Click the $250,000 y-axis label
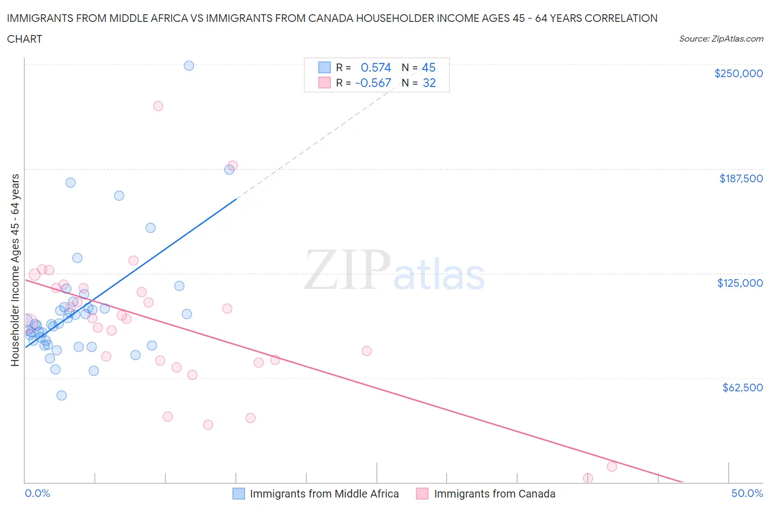(738, 74)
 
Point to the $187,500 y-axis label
(741, 178)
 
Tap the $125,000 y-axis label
(740, 283)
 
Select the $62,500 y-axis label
(742, 387)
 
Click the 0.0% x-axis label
(37, 493)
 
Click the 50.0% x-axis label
(747, 493)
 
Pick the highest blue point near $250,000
(189, 66)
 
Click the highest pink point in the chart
(158, 106)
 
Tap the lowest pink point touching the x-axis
(588, 478)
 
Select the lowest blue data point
(61, 395)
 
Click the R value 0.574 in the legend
(376, 67)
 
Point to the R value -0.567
(373, 83)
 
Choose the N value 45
(428, 67)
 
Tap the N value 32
(429, 83)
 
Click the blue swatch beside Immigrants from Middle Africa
(239, 494)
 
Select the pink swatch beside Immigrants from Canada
(422, 494)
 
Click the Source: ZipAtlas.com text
(721, 39)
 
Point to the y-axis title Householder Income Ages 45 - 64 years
(15, 270)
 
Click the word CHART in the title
(25, 39)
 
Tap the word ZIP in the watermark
(347, 270)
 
